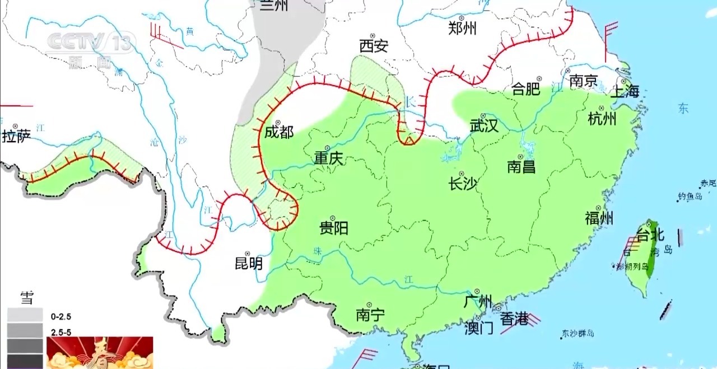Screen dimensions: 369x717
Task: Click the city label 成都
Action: pyautogui.click(x=279, y=132)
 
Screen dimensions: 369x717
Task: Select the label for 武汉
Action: pyautogui.click(x=484, y=125)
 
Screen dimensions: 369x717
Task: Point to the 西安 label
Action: pyautogui.click(x=374, y=46)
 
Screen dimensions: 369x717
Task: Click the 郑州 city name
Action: pyautogui.click(x=463, y=27)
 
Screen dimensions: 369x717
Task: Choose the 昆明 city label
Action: pyautogui.click(x=249, y=263)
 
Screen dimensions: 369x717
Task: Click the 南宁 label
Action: pyautogui.click(x=370, y=315)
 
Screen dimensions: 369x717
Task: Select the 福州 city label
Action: pyautogui.click(x=599, y=218)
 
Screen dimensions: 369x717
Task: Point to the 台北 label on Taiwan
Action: pyautogui.click(x=651, y=235)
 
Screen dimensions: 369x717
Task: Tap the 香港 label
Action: pyautogui.click(x=514, y=319)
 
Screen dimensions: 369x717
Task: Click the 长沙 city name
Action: pyautogui.click(x=463, y=183)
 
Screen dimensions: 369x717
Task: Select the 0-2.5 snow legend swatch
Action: pyautogui.click(x=25, y=315)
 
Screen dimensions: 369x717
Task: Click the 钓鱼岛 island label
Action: pyautogui.click(x=690, y=196)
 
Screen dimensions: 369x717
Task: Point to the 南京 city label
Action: pyautogui.click(x=584, y=81)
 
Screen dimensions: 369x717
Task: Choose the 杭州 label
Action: pyautogui.click(x=602, y=119)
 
